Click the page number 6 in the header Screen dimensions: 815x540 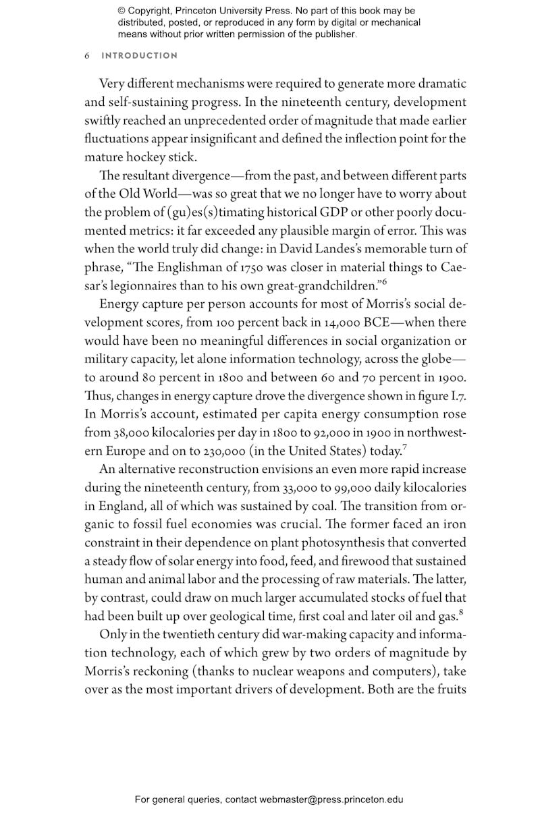[x=87, y=56]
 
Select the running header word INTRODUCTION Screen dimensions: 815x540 [x=140, y=56]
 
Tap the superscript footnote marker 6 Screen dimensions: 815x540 [x=384, y=281]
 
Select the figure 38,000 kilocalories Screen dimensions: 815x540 [x=127, y=432]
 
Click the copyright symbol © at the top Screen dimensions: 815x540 [x=122, y=11]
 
